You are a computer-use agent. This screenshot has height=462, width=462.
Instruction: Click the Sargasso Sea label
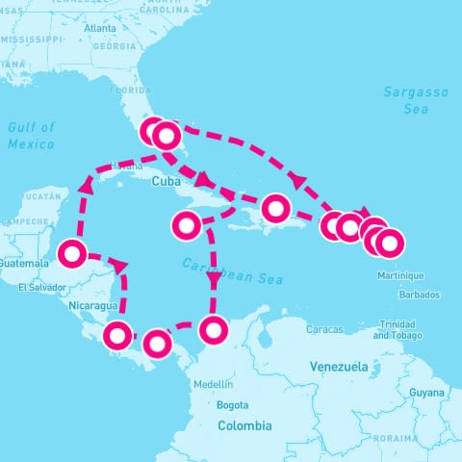416,100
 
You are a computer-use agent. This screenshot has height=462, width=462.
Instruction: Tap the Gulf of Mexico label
31,136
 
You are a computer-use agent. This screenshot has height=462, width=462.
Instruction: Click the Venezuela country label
340,367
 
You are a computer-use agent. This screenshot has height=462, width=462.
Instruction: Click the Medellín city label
214,383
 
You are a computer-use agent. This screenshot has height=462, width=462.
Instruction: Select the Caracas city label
325,329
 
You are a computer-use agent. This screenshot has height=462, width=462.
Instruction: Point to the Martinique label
397,275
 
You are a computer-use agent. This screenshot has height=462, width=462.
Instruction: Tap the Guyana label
426,393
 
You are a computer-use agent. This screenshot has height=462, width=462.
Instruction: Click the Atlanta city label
100,28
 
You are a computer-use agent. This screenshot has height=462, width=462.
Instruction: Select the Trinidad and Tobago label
398,330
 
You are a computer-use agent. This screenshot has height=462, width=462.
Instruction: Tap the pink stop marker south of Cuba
185,226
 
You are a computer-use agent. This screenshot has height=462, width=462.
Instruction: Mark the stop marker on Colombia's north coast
214,331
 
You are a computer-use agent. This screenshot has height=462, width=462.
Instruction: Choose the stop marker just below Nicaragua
116,336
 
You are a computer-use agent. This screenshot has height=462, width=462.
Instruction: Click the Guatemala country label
24,263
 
